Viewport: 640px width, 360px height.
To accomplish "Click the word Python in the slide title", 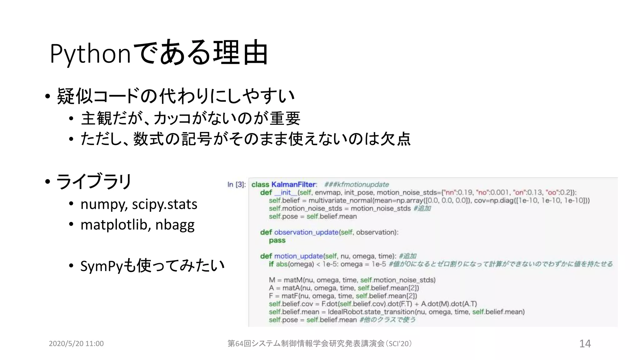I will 90,54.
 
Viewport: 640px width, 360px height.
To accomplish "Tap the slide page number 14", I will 585,343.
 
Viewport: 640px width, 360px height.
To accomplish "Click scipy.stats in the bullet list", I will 164,205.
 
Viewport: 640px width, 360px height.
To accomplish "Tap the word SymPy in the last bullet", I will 101,266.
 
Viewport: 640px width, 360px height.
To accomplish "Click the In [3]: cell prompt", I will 236,185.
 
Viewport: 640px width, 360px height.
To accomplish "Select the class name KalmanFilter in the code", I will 294,185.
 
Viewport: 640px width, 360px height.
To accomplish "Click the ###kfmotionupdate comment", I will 356,185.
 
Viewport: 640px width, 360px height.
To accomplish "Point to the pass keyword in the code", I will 277,240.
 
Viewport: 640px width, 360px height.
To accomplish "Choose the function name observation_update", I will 306,232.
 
